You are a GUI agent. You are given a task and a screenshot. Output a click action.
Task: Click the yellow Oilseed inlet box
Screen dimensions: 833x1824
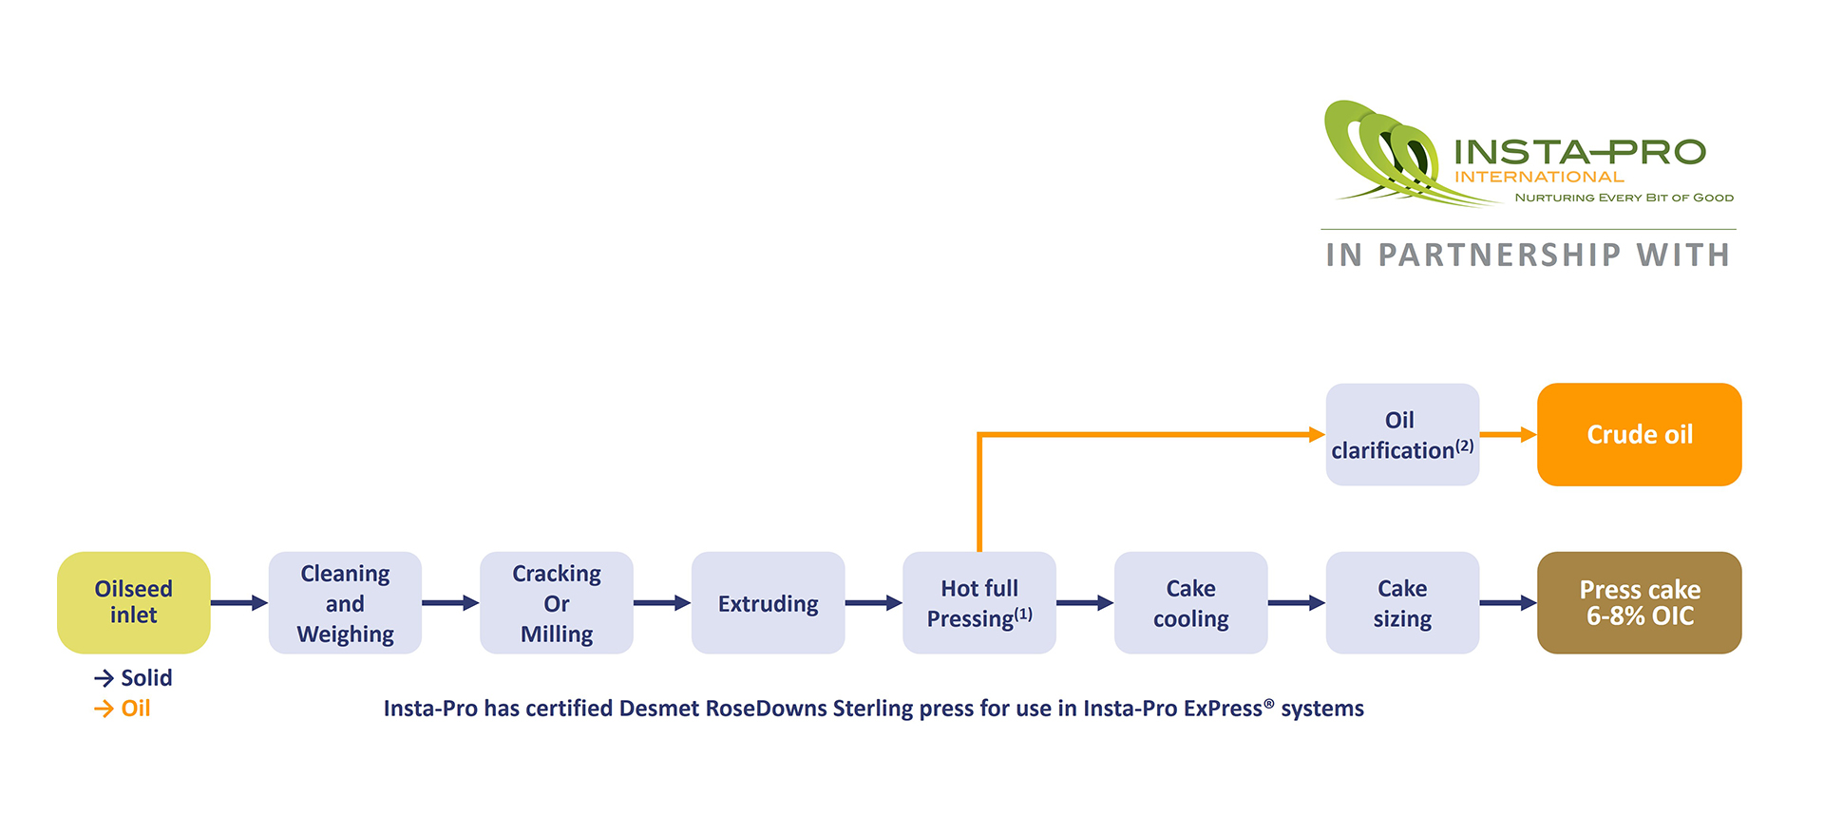coord(133,602)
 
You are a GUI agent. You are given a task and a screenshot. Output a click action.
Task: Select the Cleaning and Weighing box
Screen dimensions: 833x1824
coord(345,603)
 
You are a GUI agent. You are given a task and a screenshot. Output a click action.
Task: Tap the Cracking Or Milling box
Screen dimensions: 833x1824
coord(556,603)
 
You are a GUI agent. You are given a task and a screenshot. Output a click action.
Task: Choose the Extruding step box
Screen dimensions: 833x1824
coord(768,603)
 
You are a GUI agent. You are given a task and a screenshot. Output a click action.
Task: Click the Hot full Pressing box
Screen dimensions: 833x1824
coord(978,603)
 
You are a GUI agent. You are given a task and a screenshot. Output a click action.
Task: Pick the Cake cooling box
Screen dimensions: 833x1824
coord(1190,603)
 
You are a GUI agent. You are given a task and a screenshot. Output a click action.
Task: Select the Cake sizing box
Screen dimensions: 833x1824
coord(1402,603)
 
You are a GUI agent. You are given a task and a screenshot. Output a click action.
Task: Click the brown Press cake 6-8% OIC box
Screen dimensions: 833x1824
coord(1639,603)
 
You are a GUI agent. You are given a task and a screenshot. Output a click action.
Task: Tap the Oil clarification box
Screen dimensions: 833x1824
coord(1402,435)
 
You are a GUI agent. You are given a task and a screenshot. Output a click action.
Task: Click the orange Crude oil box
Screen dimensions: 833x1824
coord(1639,435)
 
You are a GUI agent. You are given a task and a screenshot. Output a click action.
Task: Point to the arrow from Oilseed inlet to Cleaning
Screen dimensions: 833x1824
coord(238,603)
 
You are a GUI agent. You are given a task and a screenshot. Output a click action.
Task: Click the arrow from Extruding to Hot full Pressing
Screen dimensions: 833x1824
coord(873,603)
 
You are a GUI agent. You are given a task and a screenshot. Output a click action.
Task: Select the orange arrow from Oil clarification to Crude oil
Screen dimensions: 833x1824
coord(1508,435)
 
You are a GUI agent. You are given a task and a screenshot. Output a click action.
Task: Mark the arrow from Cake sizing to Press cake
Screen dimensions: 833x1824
coord(1508,603)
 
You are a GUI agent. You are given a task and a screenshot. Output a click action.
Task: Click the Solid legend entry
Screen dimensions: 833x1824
coord(134,678)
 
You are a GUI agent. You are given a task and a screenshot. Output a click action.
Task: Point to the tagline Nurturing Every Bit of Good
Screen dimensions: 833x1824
coord(1624,198)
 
